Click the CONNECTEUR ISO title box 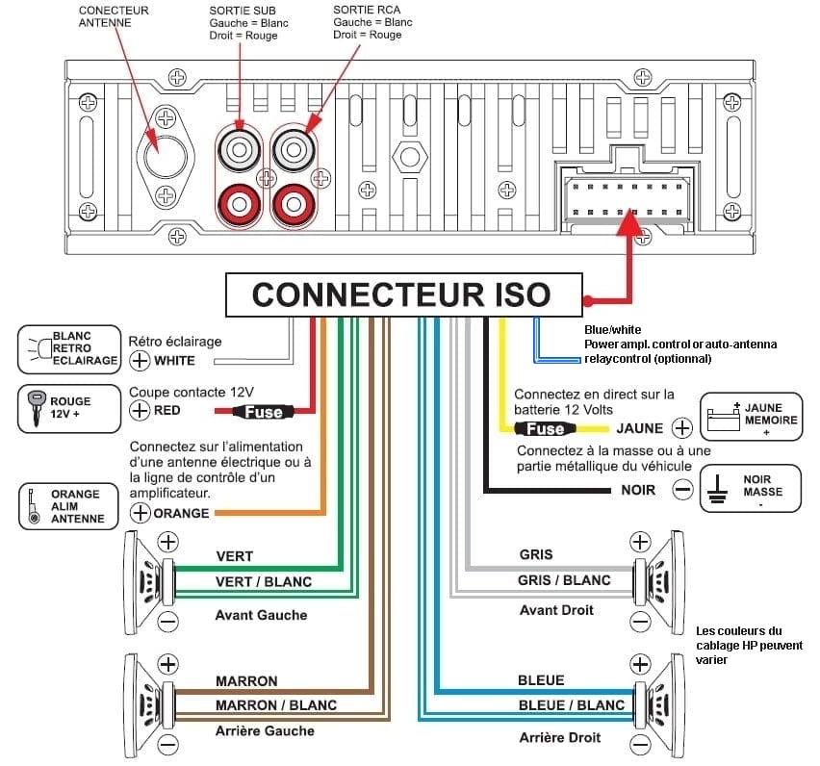click(402, 294)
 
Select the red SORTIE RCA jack click(292, 203)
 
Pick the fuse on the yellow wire click(546, 428)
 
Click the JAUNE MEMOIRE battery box click(750, 416)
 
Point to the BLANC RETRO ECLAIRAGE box click(67, 348)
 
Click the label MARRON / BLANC click(275, 705)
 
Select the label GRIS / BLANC click(564, 580)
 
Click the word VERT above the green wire click(235, 557)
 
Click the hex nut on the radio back click(409, 155)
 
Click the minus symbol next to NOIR click(682, 490)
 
